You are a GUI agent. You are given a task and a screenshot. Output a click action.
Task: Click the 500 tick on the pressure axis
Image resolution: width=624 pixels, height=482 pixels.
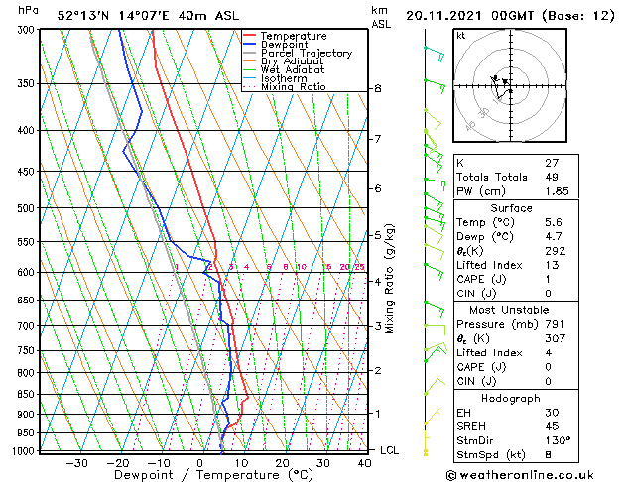[x=27, y=208]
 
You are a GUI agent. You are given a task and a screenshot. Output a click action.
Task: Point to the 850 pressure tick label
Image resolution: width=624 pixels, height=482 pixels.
[x=27, y=394]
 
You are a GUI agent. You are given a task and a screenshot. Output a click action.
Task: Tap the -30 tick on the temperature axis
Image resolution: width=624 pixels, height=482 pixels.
[x=76, y=463]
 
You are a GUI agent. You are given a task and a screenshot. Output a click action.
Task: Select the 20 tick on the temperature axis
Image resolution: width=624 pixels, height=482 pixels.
[x=282, y=463]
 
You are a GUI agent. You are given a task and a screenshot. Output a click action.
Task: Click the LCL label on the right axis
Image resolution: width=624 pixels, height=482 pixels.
[x=391, y=450]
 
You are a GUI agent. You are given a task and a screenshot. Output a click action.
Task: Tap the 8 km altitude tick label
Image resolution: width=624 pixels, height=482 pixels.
[x=377, y=88]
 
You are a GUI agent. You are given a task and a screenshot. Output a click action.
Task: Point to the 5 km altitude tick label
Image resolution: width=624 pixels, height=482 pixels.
[x=377, y=235]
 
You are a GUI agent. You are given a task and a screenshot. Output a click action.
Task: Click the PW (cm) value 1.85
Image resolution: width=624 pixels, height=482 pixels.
[x=554, y=191]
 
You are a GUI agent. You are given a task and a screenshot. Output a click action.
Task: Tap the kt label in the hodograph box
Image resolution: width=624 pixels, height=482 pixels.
[x=460, y=35]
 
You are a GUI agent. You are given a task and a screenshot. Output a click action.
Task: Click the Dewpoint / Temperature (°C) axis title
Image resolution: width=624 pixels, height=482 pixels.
[x=200, y=476]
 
